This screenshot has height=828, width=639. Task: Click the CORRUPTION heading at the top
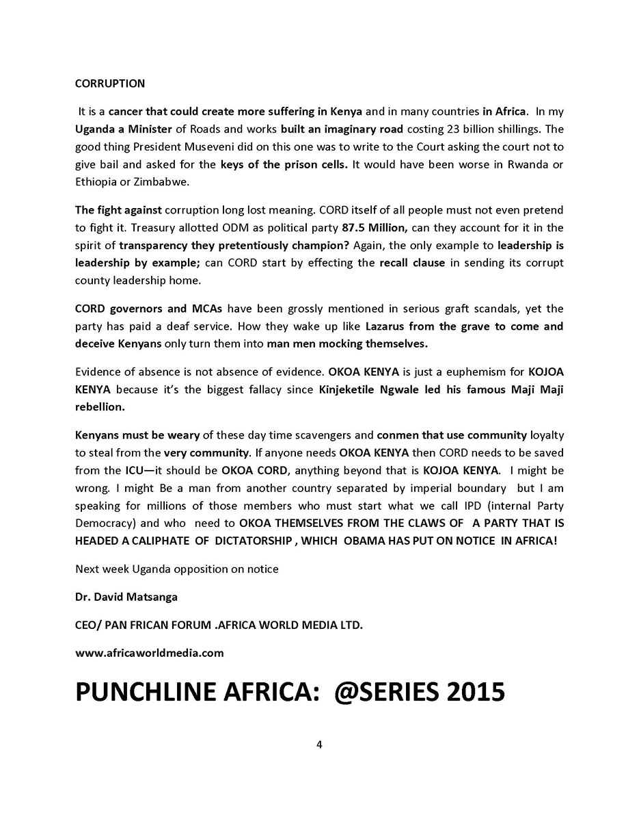click(x=109, y=83)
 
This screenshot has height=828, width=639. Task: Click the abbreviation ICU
click(x=134, y=470)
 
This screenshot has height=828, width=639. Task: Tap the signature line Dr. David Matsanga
click(x=126, y=597)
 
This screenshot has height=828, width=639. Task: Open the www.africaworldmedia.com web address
click(x=150, y=653)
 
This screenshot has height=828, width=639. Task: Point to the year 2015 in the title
click(x=476, y=693)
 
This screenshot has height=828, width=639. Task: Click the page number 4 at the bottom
click(x=319, y=745)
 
